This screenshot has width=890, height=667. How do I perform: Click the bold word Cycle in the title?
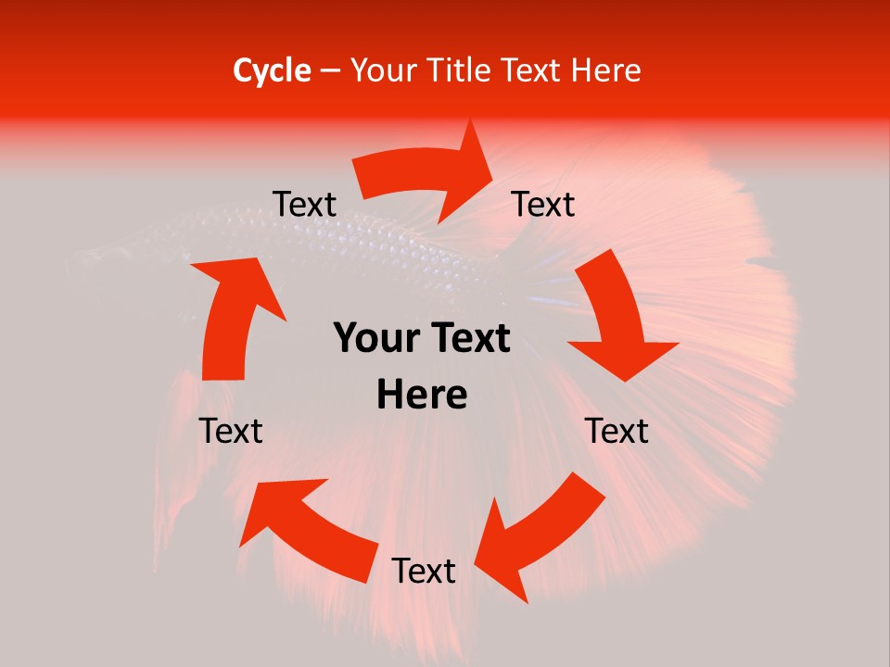pos(272,70)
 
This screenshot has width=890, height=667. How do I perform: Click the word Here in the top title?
pos(604,70)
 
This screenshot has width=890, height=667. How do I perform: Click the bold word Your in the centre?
pos(371,339)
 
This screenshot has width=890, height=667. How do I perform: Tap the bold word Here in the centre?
pos(422,396)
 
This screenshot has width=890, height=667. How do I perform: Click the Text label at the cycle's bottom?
pos(424,572)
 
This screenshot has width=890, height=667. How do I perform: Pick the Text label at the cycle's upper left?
pos(305,205)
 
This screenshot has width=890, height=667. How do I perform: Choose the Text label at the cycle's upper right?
pos(543,205)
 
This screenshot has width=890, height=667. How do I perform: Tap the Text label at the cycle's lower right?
pos(617,431)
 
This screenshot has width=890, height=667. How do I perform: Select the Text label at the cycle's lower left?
pos(231,431)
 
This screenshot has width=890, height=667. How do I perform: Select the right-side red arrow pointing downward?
pos(617,320)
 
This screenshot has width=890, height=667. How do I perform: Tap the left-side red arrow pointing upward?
pos(232,315)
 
